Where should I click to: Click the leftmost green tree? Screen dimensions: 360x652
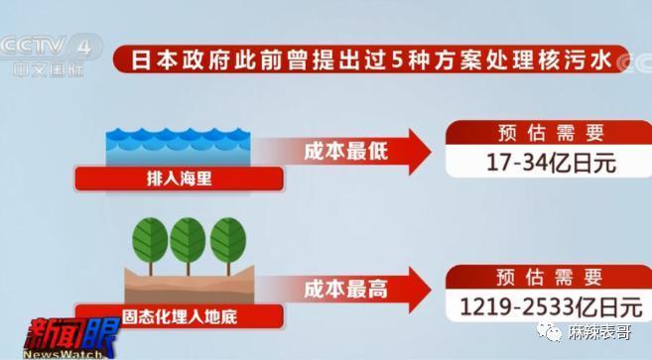151,241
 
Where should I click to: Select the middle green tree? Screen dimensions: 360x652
189,241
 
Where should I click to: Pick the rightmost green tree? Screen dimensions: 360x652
227,241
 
